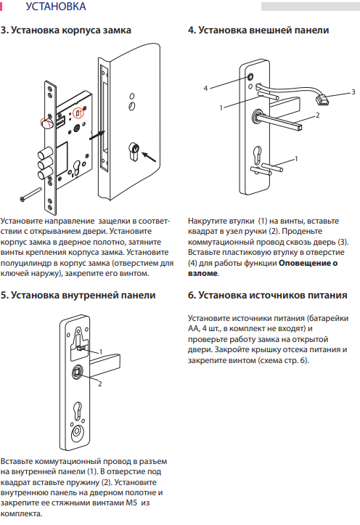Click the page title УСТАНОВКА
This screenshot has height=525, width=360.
point(56,7)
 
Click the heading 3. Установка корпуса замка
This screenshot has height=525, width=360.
point(65,30)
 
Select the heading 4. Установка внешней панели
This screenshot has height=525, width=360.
point(258,30)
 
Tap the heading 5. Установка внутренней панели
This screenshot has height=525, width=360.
point(78,296)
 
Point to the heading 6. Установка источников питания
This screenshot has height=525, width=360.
point(268,296)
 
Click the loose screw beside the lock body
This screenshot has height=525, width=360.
point(30,194)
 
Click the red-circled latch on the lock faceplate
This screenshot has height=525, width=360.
point(46,123)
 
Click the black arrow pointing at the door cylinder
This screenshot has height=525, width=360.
point(149,156)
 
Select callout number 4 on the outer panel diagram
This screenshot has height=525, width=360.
point(205,89)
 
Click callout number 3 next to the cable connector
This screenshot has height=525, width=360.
point(353,91)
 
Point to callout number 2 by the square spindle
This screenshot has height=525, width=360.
point(317,115)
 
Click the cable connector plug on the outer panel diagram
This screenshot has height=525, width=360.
point(321,99)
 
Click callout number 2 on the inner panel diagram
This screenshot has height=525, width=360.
point(99,384)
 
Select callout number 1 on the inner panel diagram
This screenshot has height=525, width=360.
point(101,352)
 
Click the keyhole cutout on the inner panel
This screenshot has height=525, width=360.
point(78,411)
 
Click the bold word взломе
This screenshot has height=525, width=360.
point(202,273)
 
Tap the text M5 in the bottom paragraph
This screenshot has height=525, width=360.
point(131,502)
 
